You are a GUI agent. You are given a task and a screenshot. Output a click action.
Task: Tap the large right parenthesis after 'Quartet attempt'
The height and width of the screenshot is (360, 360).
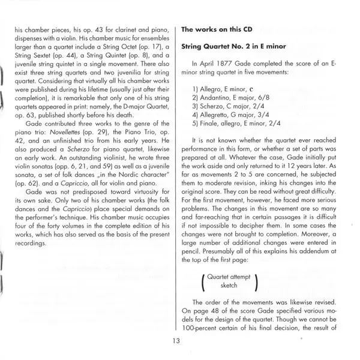256,281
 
